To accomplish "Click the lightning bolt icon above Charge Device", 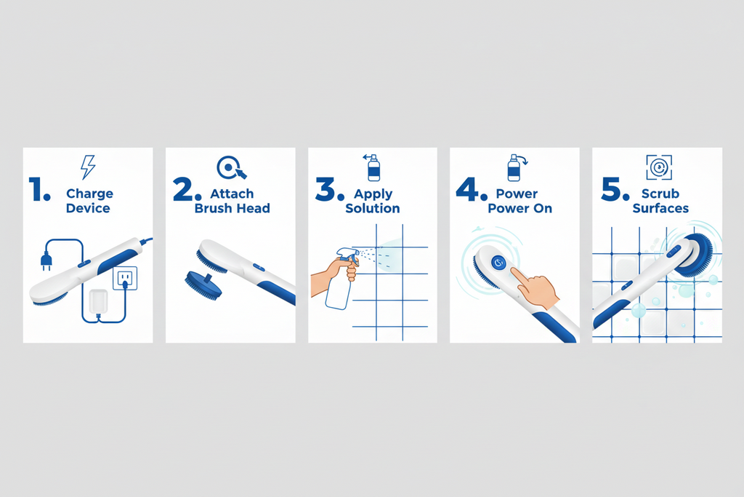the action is (x=88, y=167).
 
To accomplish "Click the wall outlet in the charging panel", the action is (x=125, y=278).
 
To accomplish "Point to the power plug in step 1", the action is (x=46, y=261).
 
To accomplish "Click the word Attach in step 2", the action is (x=232, y=194).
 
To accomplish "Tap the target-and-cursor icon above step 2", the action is (x=231, y=167).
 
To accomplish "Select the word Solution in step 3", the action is (x=373, y=208).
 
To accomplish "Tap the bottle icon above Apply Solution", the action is (x=373, y=167).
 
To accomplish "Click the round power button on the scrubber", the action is (x=498, y=262).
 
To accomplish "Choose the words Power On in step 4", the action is (x=520, y=208).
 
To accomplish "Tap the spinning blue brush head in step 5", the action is (x=696, y=255).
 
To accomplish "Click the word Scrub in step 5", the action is (x=660, y=194).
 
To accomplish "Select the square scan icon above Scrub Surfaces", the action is (x=659, y=167).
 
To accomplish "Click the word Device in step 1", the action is (x=88, y=208).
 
